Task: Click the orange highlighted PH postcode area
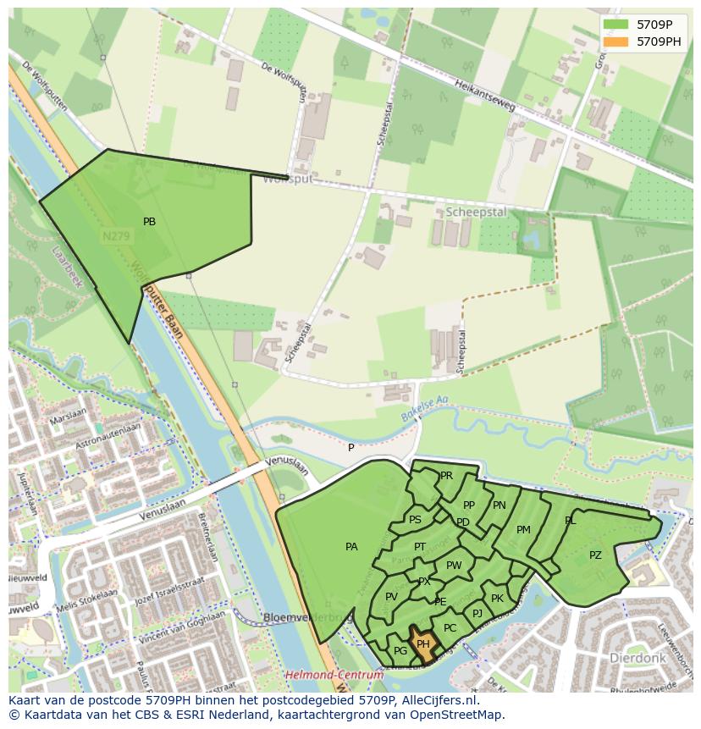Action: tap(423, 643)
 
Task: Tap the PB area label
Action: tap(149, 222)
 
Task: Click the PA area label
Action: tap(351, 547)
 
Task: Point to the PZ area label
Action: tap(595, 555)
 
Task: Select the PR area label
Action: tap(446, 476)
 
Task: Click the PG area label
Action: tap(400, 650)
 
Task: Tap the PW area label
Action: tap(454, 566)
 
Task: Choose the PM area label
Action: tap(523, 530)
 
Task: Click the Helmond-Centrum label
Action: tap(334, 675)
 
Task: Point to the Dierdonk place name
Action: tap(637, 657)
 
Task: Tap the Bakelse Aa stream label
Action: tap(424, 406)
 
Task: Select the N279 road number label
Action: tap(116, 238)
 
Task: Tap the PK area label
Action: tap(497, 599)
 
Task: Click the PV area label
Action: tap(391, 597)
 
